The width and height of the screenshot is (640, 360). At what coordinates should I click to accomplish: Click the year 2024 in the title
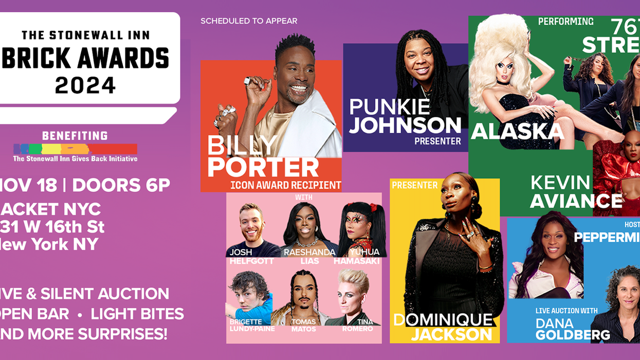click(x=85, y=84)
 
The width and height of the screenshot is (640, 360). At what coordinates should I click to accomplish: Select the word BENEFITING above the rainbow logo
click(x=75, y=136)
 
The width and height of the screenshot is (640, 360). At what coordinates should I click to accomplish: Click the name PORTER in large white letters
click(x=263, y=168)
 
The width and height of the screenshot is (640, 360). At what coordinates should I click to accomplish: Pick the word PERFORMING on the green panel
click(x=565, y=22)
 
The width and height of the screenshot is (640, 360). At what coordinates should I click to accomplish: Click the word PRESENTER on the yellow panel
click(x=414, y=185)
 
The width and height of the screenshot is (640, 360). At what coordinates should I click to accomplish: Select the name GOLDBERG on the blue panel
click(x=573, y=335)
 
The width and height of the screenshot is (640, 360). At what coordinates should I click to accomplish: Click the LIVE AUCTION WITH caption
click(x=566, y=311)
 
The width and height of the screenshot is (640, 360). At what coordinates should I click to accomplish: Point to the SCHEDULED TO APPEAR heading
click(x=249, y=21)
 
